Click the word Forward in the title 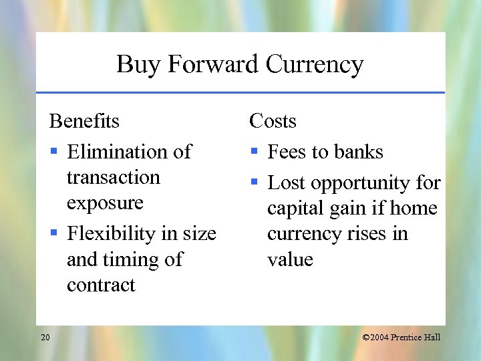tap(213, 65)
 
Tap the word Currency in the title tap(314, 65)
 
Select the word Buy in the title tap(139, 65)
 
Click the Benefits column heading tap(84, 121)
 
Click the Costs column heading tap(273, 121)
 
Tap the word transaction tap(114, 177)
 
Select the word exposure tap(105, 203)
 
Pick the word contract tap(101, 285)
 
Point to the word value tap(290, 259)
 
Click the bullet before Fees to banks tap(254, 152)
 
